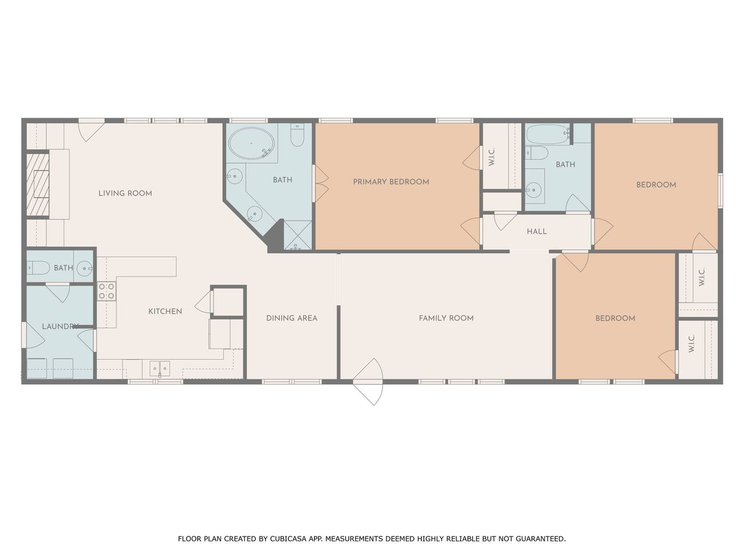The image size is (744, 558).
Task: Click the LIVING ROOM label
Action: pos(125,194)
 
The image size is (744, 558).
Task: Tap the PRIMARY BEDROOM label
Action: pos(391,182)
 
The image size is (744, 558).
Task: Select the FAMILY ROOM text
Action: pos(446,318)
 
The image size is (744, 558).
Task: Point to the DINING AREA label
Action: pos(292,318)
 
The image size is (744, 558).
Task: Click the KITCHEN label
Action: pos(165,312)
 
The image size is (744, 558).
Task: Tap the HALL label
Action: pos(536,231)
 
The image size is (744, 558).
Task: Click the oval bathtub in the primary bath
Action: pos(251,144)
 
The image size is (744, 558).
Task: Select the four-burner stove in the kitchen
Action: pos(106,291)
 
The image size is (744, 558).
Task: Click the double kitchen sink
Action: pos(160,369)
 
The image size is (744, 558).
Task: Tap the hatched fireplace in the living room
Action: pos(38,185)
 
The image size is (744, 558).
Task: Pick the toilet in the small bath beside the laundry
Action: pos(38,268)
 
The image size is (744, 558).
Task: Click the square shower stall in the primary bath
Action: pos(297,235)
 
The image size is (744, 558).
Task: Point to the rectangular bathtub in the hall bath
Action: pos(548,134)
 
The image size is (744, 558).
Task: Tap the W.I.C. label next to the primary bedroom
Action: pos(492,156)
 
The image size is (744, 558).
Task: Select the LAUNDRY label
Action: pos(60,326)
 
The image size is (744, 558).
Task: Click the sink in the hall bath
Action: pos(534,190)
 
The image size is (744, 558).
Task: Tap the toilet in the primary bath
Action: pos(297,135)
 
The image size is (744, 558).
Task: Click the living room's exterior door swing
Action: pos(91,130)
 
